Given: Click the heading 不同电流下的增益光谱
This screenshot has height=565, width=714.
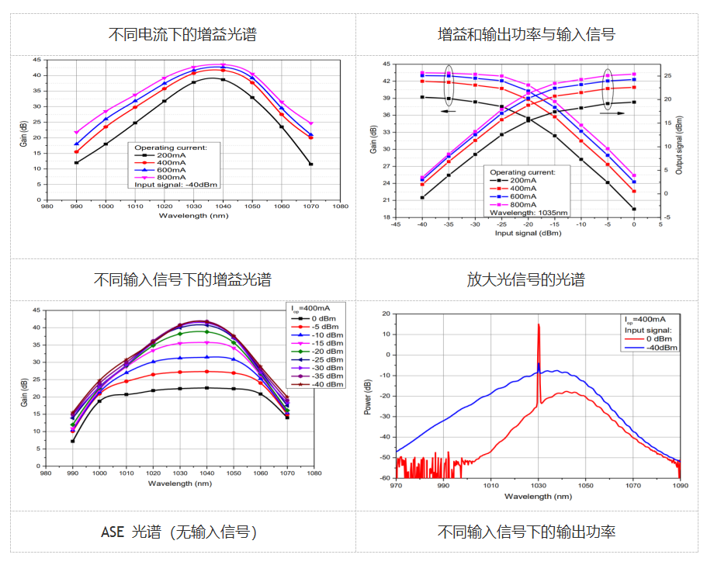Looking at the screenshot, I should click(x=182, y=35).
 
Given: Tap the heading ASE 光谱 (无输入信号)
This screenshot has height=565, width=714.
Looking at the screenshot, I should click(x=179, y=532).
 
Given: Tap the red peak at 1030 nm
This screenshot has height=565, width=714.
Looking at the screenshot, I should click(x=538, y=326).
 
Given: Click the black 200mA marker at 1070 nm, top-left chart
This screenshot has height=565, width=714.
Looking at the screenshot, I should click(x=310, y=165).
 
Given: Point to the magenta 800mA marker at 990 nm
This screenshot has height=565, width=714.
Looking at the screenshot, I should click(x=76, y=133).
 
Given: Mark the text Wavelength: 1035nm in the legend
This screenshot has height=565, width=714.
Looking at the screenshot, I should click(x=527, y=212).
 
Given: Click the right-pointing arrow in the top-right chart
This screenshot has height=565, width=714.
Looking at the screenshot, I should click(x=612, y=113).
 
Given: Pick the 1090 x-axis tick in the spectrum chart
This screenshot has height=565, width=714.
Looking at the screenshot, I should click(x=681, y=486).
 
